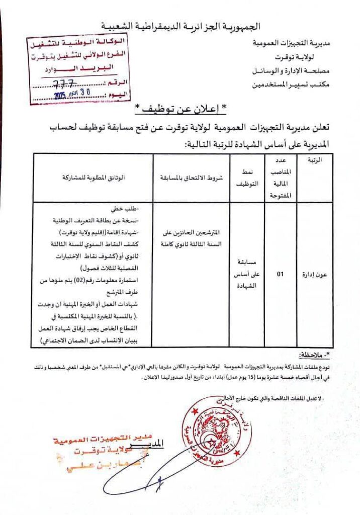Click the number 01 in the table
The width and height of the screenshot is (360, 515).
pos(281,274)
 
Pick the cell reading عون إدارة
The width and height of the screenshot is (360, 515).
pos(315,274)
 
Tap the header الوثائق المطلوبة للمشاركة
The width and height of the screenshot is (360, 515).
pos(94,178)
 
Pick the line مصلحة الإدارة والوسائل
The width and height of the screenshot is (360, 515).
pos(291,71)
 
